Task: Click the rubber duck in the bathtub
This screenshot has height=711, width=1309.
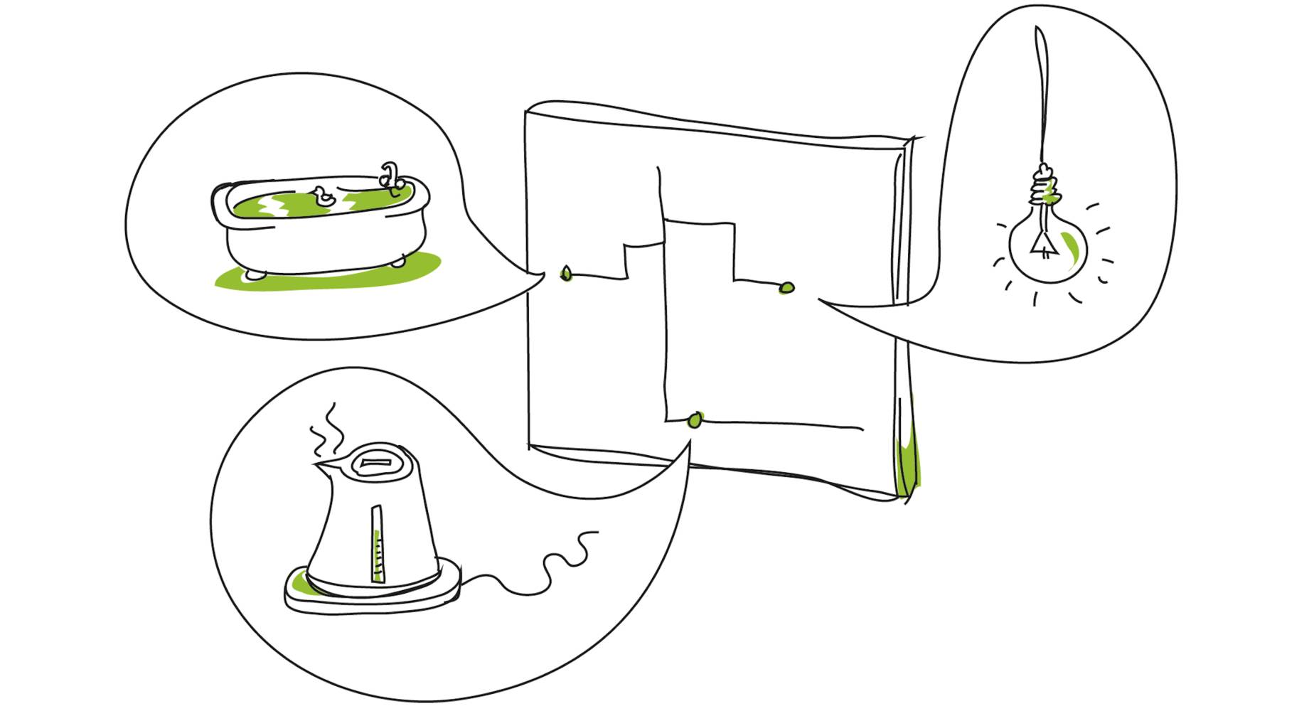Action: (x=324, y=196)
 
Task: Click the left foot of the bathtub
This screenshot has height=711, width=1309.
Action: (x=255, y=273)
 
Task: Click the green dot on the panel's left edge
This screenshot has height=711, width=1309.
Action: (x=566, y=273)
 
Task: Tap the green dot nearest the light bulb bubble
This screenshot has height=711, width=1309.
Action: (x=787, y=287)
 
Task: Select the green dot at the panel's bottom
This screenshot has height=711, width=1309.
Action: (x=695, y=420)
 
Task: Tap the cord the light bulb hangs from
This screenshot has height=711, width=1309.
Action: (x=1042, y=92)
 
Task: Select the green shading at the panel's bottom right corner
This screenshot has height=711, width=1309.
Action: (x=908, y=462)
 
